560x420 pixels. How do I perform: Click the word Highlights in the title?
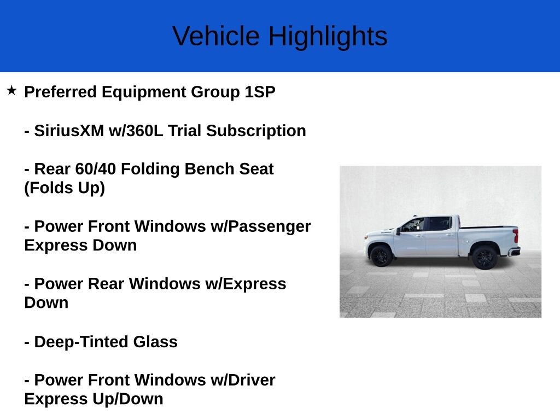328,36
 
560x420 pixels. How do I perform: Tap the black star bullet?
12,90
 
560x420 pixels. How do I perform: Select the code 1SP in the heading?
260,92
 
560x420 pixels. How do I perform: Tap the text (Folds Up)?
65,188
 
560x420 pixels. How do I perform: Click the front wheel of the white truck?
381,256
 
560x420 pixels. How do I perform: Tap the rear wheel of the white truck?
485,257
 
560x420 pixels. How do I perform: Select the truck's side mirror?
399,231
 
